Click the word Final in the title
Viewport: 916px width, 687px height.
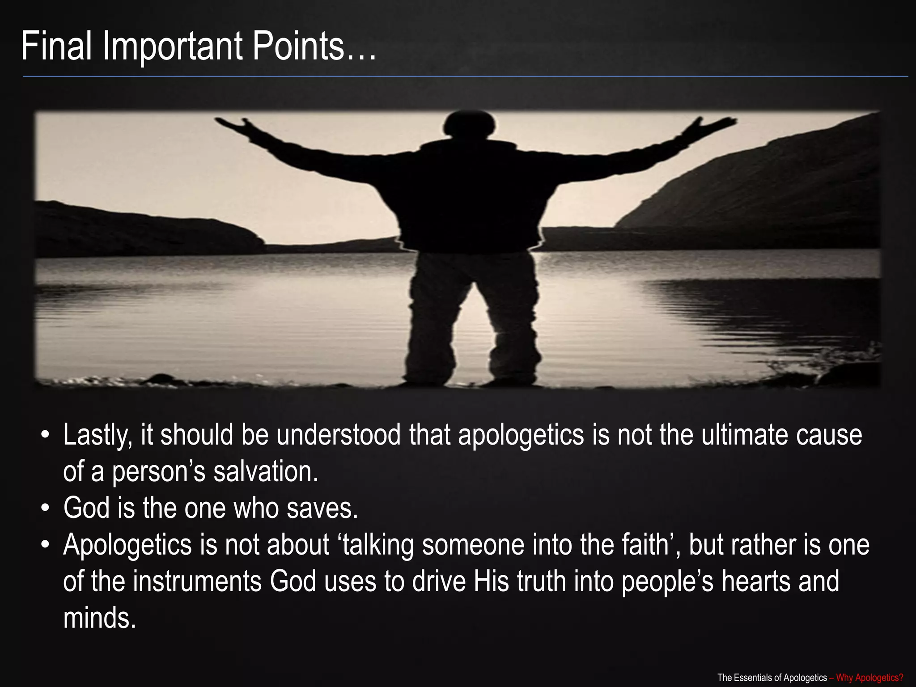tap(56, 46)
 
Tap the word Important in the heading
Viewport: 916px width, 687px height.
tap(173, 47)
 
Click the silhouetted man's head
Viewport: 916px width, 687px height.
tap(469, 125)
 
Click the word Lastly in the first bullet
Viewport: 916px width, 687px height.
tap(98, 435)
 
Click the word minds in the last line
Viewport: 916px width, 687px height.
tap(99, 618)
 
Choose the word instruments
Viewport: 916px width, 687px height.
tap(197, 581)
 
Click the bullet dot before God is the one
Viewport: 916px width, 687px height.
tap(45, 509)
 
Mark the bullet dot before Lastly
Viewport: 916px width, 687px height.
tap(45, 436)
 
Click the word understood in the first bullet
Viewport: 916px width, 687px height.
tap(338, 435)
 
